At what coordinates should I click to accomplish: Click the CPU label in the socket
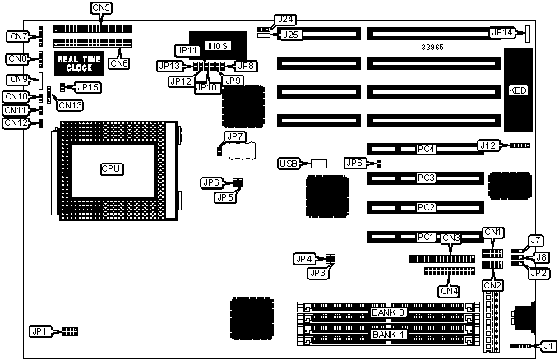click(x=111, y=169)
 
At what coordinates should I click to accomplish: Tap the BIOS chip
click(x=212, y=44)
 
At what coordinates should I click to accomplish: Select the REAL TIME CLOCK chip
click(x=80, y=62)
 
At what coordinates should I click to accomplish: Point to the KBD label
click(x=519, y=90)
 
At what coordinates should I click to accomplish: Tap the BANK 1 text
click(x=388, y=335)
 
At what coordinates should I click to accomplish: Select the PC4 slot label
click(x=425, y=150)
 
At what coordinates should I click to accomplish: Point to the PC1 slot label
click(x=425, y=238)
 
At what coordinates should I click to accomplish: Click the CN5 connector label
click(x=103, y=8)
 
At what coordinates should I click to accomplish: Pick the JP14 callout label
click(x=501, y=33)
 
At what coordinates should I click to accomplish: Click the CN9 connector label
click(x=17, y=80)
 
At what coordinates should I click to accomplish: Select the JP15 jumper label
click(x=88, y=87)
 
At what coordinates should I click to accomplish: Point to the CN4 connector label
click(x=449, y=290)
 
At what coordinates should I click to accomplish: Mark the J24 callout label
click(x=285, y=19)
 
